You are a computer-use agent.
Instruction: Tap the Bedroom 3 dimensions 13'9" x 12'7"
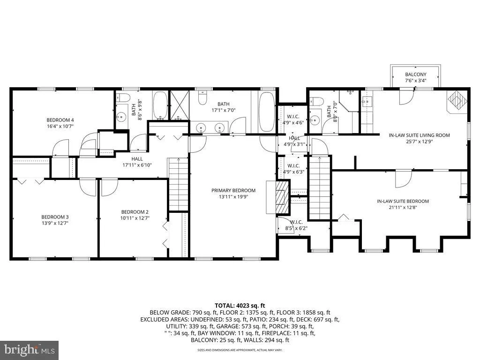tap(55, 224)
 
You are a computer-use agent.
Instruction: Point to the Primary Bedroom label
tap(233, 190)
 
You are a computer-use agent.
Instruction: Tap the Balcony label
tap(415, 75)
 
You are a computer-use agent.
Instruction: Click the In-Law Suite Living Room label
tap(419, 135)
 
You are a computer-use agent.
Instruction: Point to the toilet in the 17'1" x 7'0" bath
tap(203, 98)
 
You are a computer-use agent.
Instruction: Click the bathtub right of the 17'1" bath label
tap(267, 112)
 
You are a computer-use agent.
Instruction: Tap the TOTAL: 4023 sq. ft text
tap(240, 305)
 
